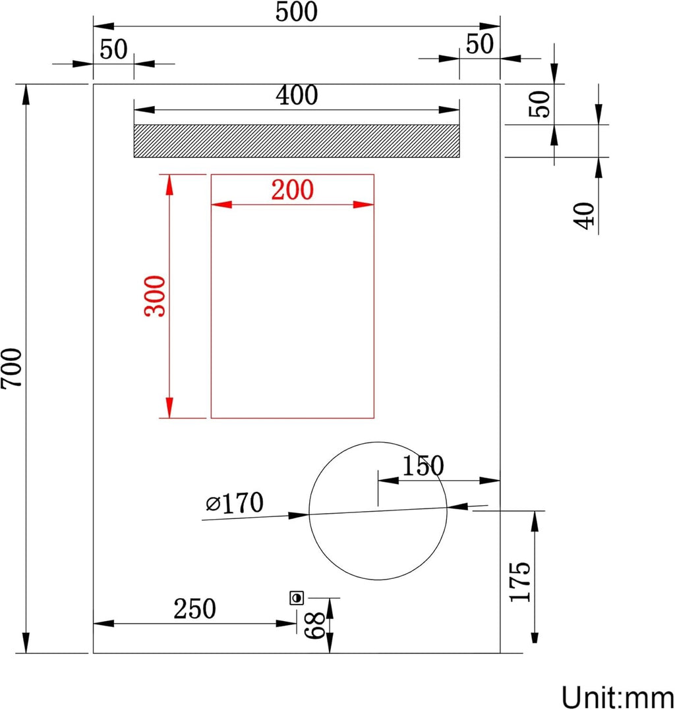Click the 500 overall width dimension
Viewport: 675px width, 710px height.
(x=296, y=13)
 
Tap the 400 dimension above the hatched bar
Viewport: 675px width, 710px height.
(x=296, y=96)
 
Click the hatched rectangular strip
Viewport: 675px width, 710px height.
(x=296, y=141)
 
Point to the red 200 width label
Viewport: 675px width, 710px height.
(x=292, y=190)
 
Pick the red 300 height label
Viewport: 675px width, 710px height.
(x=156, y=296)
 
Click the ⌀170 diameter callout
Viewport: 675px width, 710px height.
(x=235, y=504)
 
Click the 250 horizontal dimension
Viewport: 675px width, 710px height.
(x=194, y=609)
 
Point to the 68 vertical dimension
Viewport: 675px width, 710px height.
(x=314, y=625)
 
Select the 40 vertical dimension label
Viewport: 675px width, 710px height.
(x=584, y=215)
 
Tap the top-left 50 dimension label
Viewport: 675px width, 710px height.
(x=113, y=49)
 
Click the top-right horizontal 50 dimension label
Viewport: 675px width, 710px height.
(x=479, y=44)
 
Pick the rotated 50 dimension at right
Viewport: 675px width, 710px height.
(x=540, y=103)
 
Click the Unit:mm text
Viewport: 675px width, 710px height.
(x=617, y=696)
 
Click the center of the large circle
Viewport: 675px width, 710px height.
(x=378, y=511)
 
